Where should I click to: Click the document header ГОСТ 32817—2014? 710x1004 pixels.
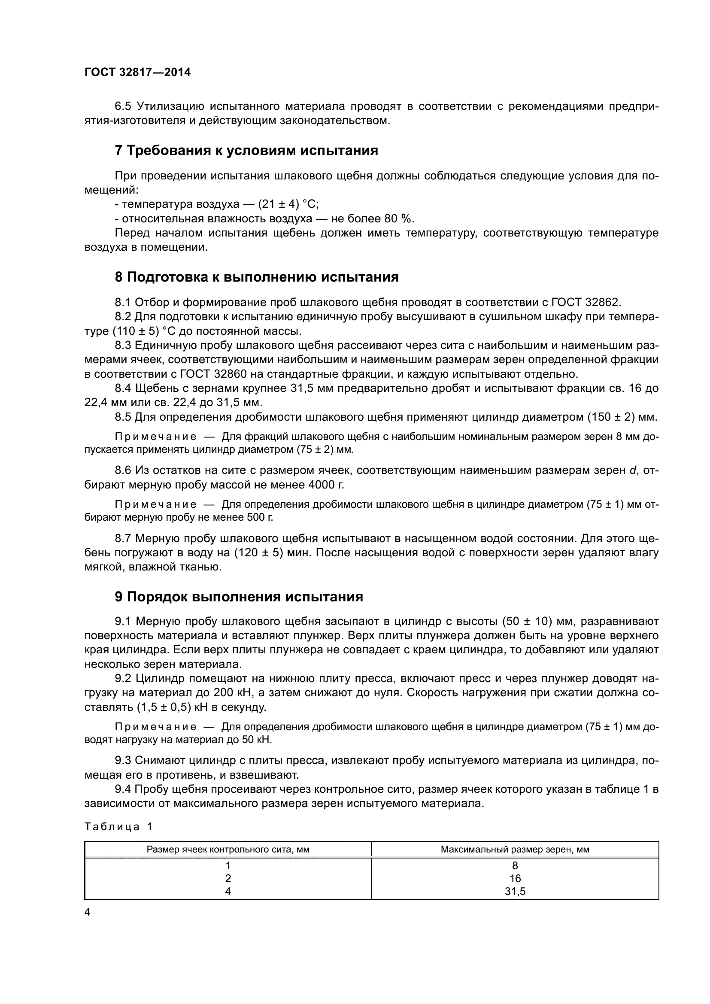pos(137,72)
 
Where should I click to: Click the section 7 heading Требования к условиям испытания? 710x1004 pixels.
pos(246,150)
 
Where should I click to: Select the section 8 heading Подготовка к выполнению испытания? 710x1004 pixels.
pos(257,277)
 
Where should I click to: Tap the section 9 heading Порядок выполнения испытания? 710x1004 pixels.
pos(239,597)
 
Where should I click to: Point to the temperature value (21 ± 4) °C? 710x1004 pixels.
pos(288,204)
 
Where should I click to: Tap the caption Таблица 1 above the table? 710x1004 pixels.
pos(118,826)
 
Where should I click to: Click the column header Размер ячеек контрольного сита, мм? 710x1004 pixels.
pos(228,849)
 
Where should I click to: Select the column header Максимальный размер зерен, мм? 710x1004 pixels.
pos(515,849)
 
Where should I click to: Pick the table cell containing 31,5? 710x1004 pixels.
pos(515,891)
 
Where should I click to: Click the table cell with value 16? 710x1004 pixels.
pos(515,879)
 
